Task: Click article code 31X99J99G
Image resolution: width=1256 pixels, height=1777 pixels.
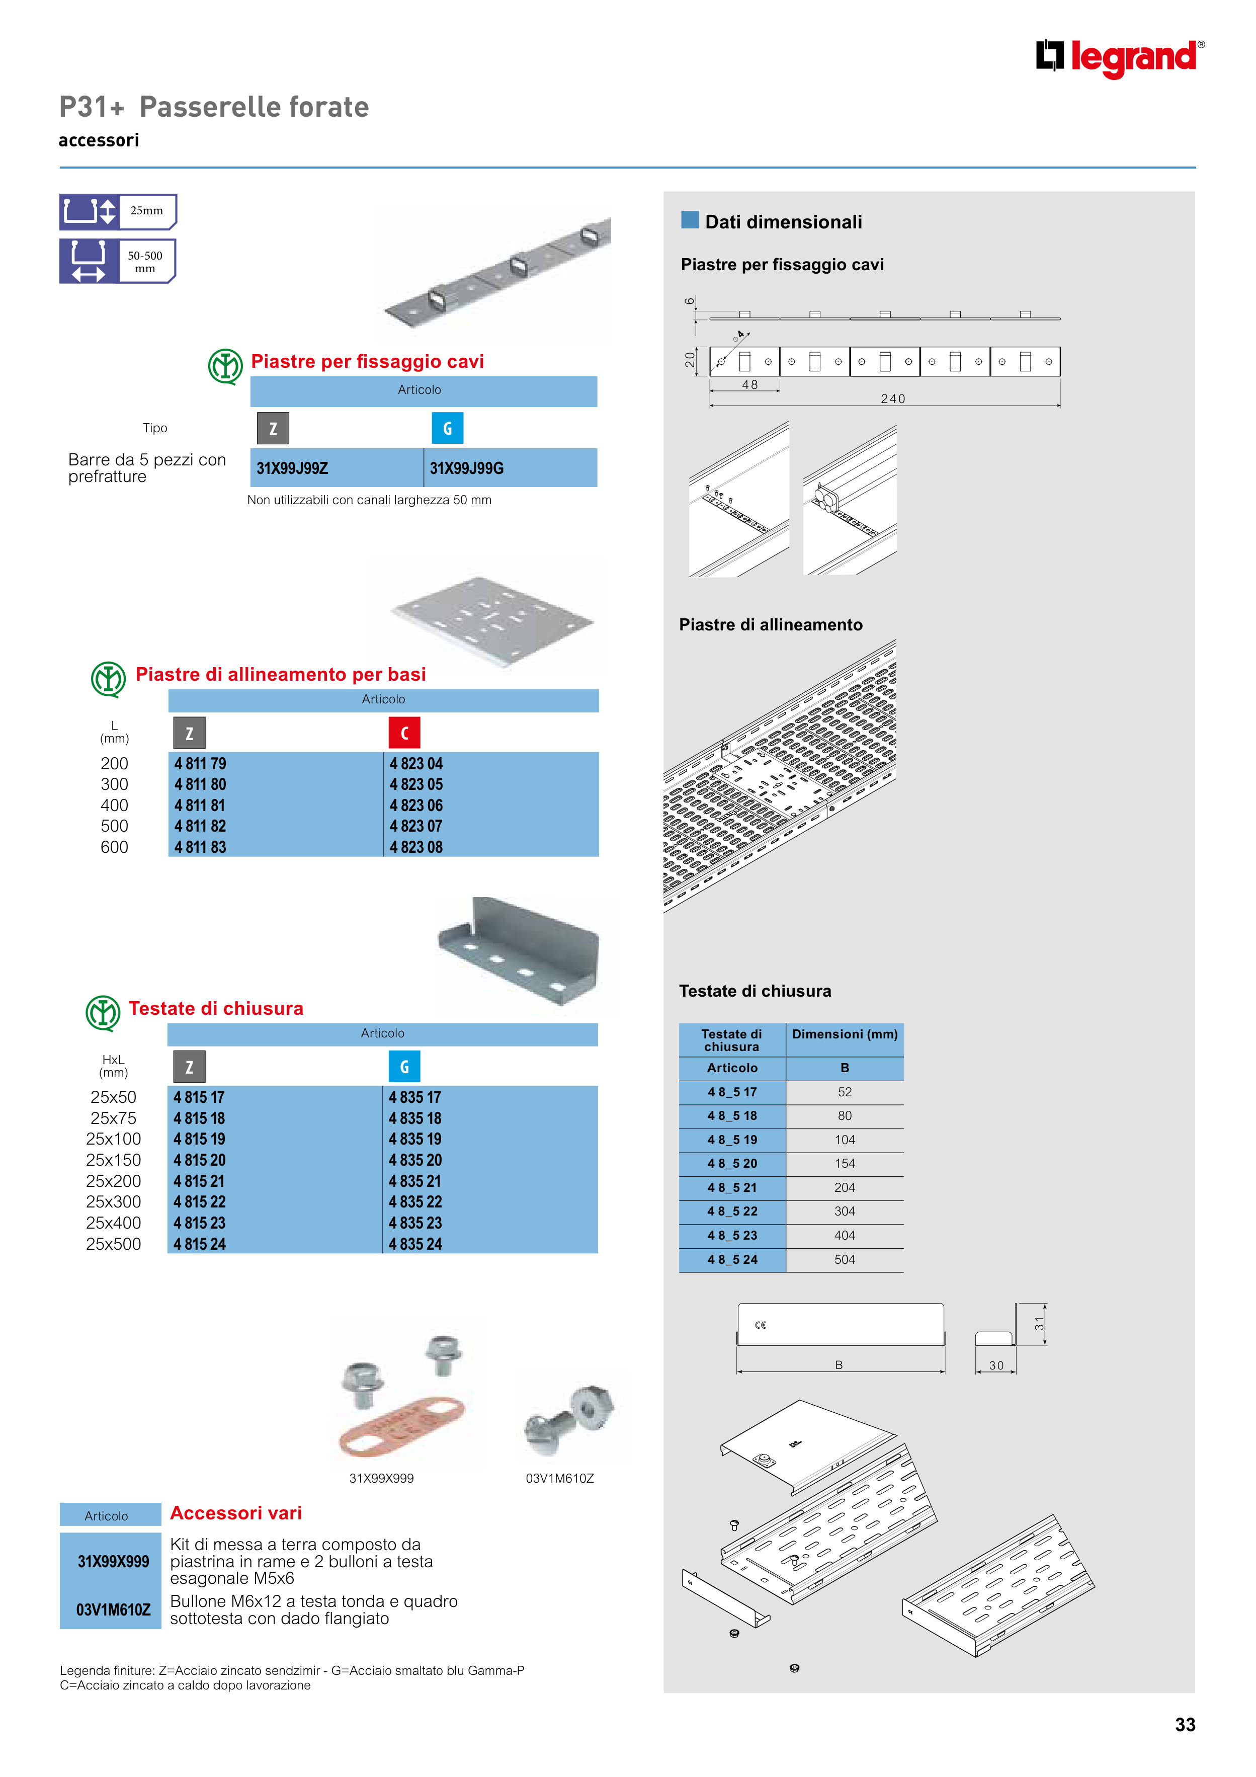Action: click(x=467, y=468)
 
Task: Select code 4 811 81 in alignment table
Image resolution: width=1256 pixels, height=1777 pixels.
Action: click(x=200, y=805)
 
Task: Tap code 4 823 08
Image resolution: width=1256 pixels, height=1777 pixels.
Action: click(x=415, y=847)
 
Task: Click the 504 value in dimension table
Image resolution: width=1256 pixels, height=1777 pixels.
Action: click(x=845, y=1260)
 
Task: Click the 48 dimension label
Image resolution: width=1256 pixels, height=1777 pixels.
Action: click(x=749, y=385)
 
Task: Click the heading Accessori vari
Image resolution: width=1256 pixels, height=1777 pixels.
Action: click(x=236, y=1513)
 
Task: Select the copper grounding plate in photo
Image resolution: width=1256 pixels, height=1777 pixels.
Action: click(x=401, y=1426)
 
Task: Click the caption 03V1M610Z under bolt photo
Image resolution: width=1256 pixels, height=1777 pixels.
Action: click(x=559, y=1478)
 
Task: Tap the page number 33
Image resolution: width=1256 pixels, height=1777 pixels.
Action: click(x=1185, y=1724)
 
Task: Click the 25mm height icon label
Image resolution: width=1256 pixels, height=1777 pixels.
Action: click(x=146, y=210)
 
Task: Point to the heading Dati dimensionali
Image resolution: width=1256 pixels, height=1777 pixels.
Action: click(x=783, y=222)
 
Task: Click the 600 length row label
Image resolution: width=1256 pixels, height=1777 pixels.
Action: click(x=115, y=847)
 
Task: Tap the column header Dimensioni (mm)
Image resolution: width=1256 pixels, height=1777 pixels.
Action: click(x=845, y=1034)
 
